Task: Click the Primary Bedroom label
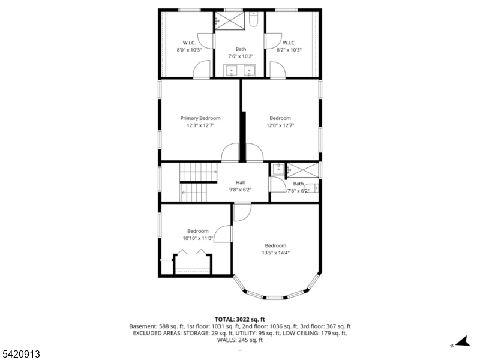[x=200, y=118]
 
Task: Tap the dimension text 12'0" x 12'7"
[x=280, y=125]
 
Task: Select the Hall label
[x=240, y=182]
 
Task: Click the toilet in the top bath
[x=254, y=22]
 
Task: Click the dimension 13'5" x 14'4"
[x=275, y=253]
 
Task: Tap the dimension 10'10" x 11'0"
[x=198, y=238]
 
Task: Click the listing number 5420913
[x=20, y=354]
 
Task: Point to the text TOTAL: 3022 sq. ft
[x=240, y=319]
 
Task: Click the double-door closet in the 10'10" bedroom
[x=193, y=264]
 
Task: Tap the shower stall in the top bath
[x=230, y=20]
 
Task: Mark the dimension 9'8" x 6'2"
[x=240, y=190]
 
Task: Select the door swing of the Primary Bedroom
[x=230, y=154]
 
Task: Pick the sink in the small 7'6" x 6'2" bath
[x=277, y=169]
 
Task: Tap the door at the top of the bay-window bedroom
[x=242, y=212]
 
